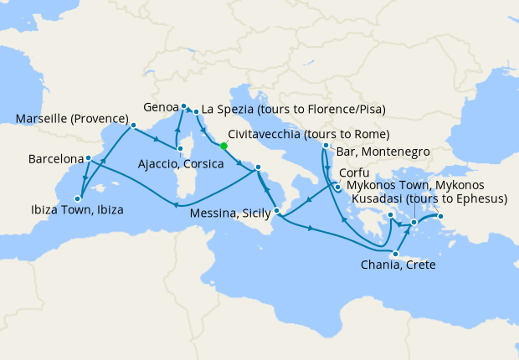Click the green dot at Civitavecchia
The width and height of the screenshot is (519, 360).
click(224, 146)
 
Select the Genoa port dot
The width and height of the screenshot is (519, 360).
click(183, 106)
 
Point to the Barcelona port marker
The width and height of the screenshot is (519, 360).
click(89, 157)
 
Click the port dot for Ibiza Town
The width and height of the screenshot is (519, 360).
click(77, 198)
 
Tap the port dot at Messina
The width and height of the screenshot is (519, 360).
click(276, 198)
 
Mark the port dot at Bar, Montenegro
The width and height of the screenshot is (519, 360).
click(325, 147)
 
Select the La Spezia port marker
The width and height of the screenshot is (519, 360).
click(196, 111)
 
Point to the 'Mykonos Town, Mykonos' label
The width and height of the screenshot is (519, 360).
click(415, 184)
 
